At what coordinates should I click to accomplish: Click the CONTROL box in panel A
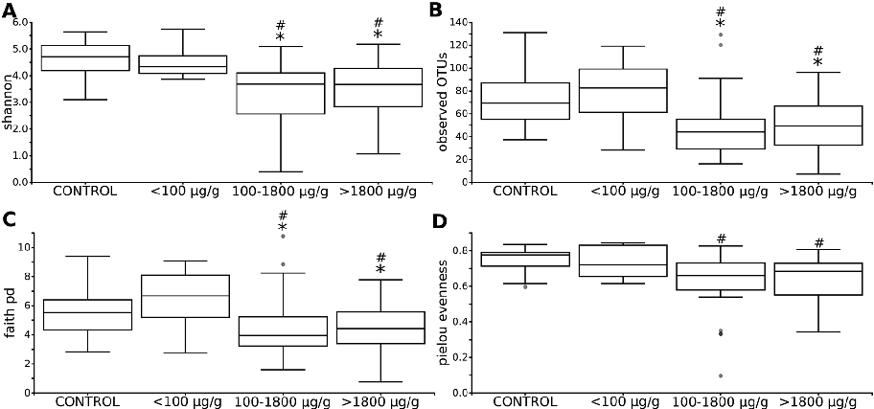pyautogui.click(x=85, y=57)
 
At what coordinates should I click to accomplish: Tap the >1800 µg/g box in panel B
pyautogui.click(x=817, y=125)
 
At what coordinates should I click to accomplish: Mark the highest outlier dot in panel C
pyautogui.click(x=282, y=236)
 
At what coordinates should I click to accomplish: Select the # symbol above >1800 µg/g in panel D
pyautogui.click(x=817, y=242)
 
